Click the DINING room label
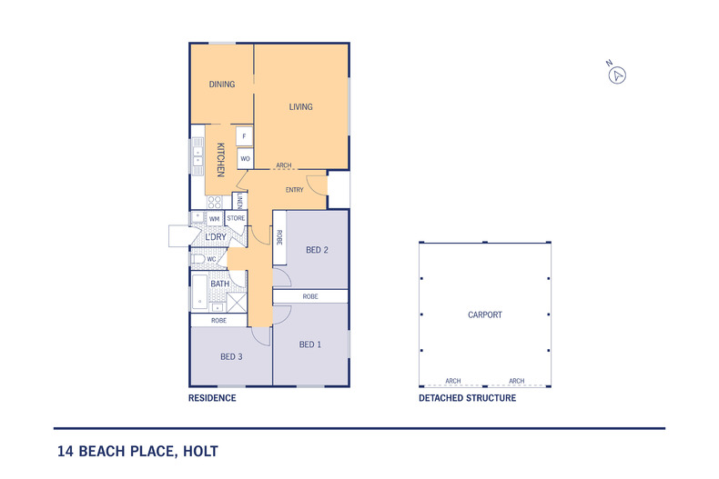click(222, 85)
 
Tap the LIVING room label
click(301, 106)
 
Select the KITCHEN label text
click(220, 160)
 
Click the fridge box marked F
click(245, 136)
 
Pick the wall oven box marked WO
click(246, 159)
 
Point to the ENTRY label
click(294, 190)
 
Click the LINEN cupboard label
click(240, 201)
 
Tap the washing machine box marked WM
click(214, 219)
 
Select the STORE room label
click(236, 218)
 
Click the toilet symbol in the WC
click(198, 259)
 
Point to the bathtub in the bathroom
click(200, 292)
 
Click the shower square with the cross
click(237, 303)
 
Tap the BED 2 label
click(317, 250)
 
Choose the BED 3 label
click(231, 356)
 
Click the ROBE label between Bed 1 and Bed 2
click(310, 296)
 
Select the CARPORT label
click(485, 315)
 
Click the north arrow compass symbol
click(617, 75)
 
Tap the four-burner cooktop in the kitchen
click(214, 202)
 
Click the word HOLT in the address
click(200, 452)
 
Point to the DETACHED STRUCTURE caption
click(467, 398)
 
